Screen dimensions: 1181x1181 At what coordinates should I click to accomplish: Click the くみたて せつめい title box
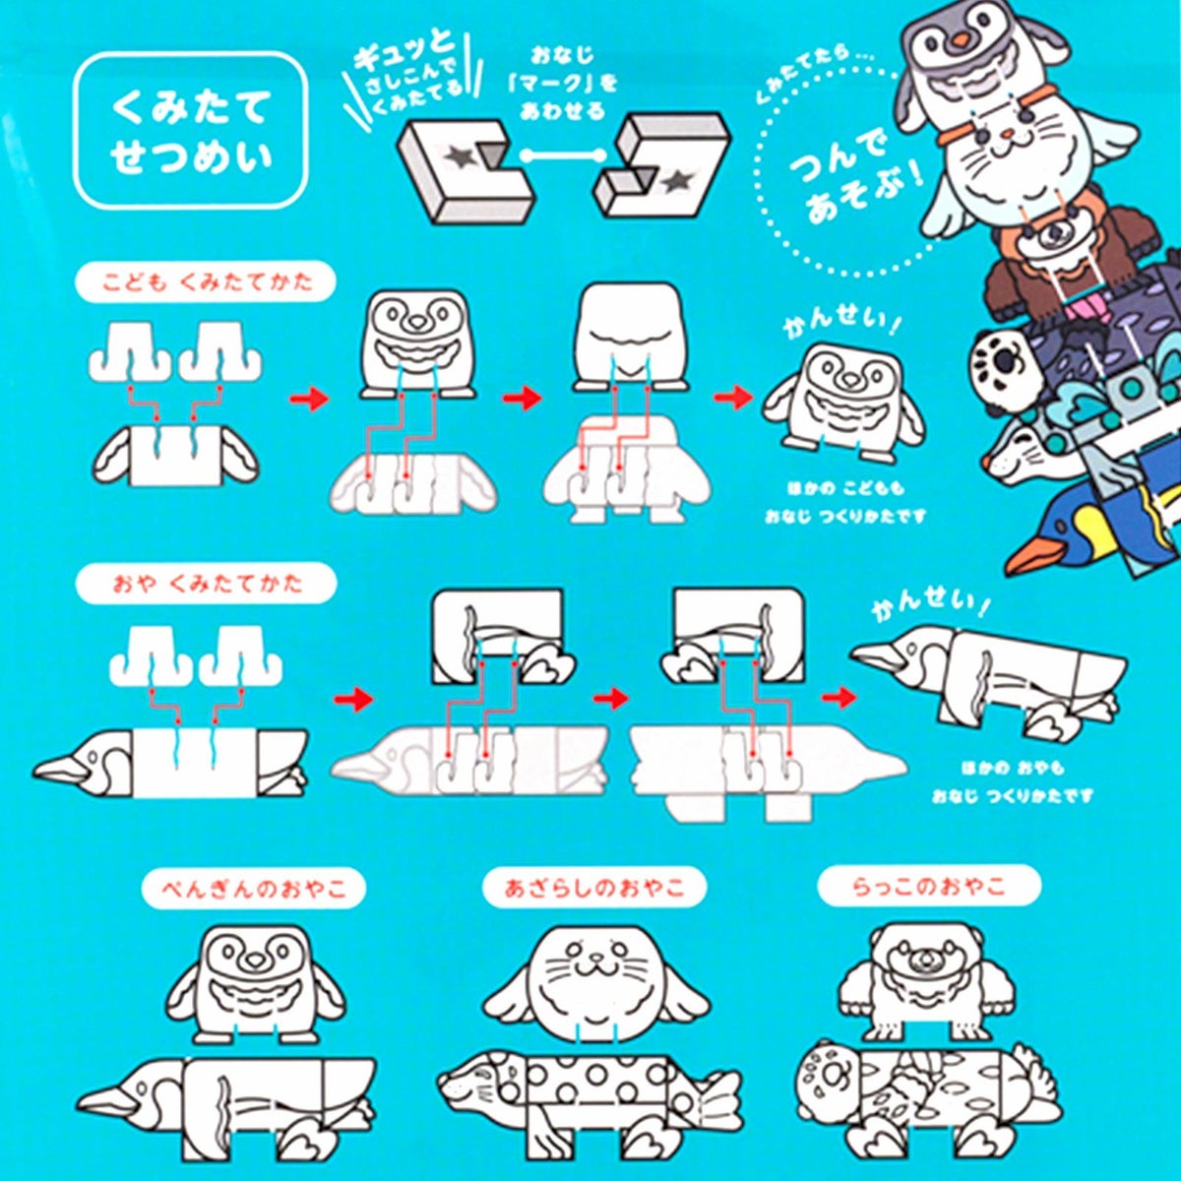coord(190,131)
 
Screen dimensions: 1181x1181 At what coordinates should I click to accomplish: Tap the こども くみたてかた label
coord(206,282)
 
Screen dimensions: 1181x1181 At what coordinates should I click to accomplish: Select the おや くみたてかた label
coord(206,583)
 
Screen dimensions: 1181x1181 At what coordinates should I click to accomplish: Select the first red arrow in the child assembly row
coord(309,400)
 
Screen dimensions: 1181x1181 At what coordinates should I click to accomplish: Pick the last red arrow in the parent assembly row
coord(839,698)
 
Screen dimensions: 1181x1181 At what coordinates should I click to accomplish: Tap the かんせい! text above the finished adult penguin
coord(930,604)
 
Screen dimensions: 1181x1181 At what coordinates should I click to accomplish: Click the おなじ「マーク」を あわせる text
coord(563,84)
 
